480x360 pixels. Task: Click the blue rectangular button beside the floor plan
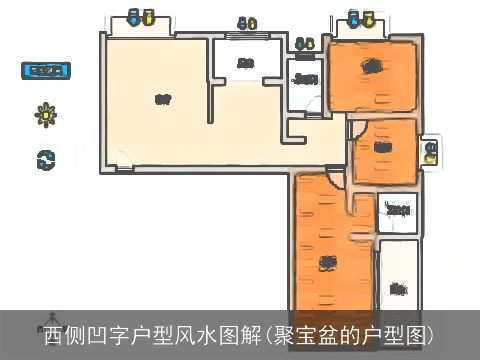point(45,71)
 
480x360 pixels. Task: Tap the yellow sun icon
point(45,114)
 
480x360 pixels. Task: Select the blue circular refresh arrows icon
point(45,157)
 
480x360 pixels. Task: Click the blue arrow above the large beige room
point(134,17)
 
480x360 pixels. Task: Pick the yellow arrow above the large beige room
point(148,17)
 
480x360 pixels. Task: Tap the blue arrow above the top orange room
point(353,17)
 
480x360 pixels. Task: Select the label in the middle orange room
point(383,149)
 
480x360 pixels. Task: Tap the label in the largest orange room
point(326,262)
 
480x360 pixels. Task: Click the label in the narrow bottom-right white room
point(398,289)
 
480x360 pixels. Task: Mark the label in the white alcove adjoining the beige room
point(244,65)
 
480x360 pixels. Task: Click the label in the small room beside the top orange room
point(305,78)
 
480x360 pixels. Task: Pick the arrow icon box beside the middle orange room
point(430,151)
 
